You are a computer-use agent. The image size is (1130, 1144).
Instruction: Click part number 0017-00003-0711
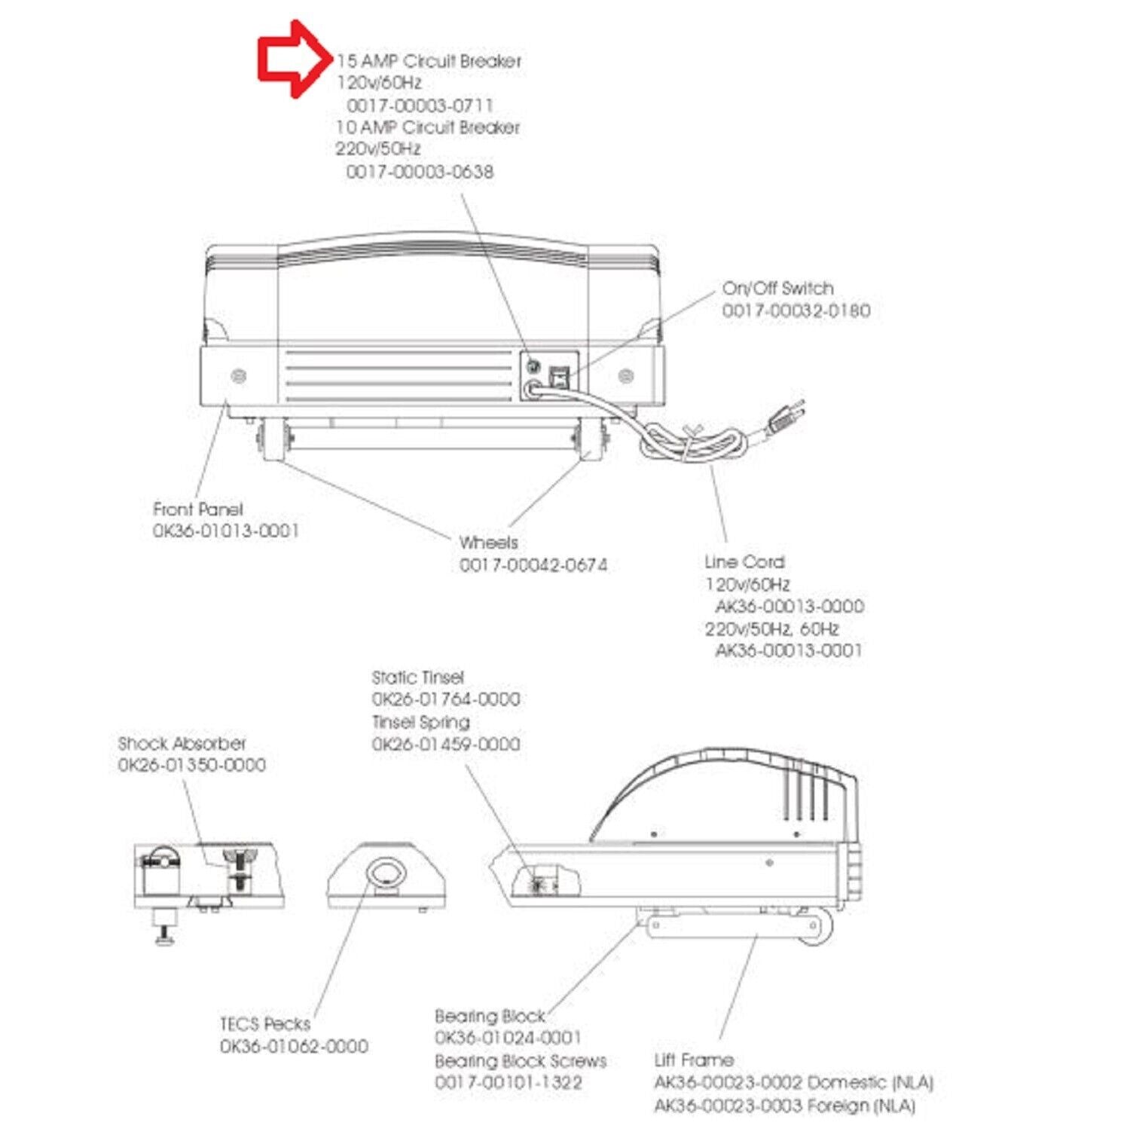[420, 105]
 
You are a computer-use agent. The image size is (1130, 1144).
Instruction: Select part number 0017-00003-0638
[420, 172]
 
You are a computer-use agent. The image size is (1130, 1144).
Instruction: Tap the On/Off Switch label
[777, 288]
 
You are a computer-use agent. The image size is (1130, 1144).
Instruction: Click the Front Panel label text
[198, 509]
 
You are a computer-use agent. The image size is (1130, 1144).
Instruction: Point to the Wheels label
[488, 543]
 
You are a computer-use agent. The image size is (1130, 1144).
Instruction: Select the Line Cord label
[744, 562]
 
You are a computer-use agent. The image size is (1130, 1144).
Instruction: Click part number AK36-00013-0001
[788, 650]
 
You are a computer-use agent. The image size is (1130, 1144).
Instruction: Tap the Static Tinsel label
[417, 678]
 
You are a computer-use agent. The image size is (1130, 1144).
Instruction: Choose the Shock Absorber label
[182, 744]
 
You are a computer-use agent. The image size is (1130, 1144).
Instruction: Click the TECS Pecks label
[264, 1024]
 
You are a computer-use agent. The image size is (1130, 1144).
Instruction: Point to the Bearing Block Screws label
[521, 1061]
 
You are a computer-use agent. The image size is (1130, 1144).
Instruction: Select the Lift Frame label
[694, 1060]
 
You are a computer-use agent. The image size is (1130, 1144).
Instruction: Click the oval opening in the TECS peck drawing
[386, 873]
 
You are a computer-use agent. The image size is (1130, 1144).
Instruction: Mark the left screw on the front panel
[239, 375]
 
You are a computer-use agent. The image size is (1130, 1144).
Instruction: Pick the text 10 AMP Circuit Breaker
[427, 127]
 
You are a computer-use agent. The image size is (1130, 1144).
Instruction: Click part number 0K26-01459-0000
[445, 744]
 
